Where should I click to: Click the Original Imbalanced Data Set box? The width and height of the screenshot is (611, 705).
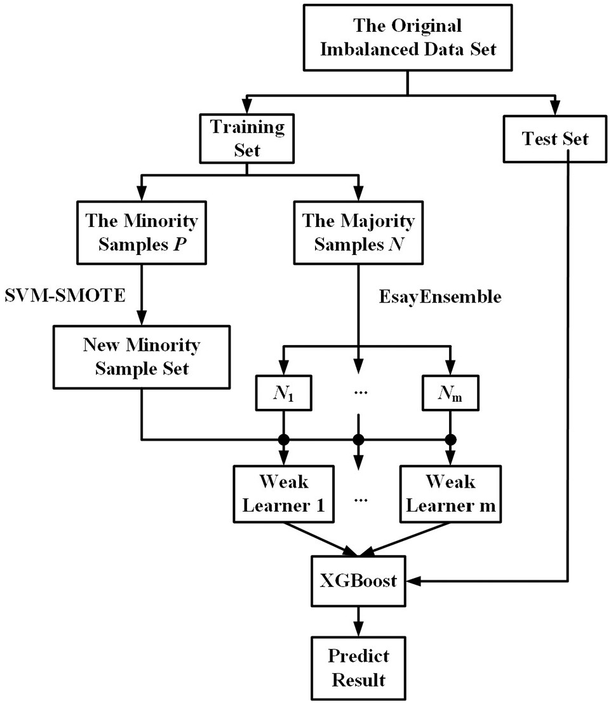pos(407,38)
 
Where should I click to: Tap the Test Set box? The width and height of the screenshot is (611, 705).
pos(554,139)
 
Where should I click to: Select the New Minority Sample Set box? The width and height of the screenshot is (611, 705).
pos(141,357)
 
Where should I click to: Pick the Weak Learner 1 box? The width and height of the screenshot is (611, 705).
pos(283,493)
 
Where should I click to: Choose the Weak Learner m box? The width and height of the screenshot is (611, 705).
pos(450,493)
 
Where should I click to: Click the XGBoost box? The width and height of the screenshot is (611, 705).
pos(358,580)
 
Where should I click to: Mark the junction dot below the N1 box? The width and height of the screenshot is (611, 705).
pos(283,439)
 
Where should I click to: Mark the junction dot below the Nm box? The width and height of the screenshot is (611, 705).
pos(450,439)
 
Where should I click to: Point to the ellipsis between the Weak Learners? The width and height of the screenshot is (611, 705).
pos(361,499)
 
